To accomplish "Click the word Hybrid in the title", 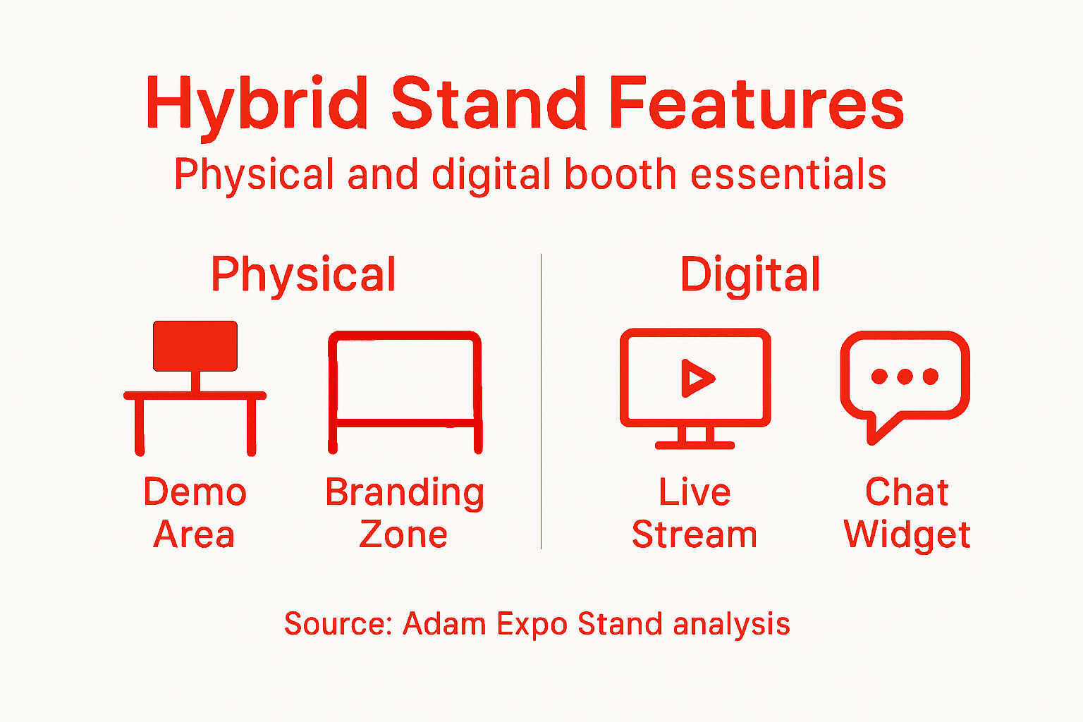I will [x=257, y=104].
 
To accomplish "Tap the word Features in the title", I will [x=756, y=104].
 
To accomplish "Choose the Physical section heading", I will [x=303, y=275].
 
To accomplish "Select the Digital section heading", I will [x=750, y=275].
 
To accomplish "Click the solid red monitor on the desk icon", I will [x=195, y=345].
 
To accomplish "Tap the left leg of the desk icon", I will [x=140, y=427].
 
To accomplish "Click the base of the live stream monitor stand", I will [x=695, y=445].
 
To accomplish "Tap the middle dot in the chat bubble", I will [x=905, y=377].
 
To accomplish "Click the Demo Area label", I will [x=195, y=513].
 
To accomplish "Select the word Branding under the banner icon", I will [x=405, y=493].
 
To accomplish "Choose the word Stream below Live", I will [x=695, y=534].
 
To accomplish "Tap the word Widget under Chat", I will [x=907, y=535].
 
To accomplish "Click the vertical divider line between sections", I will [x=541, y=402].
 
